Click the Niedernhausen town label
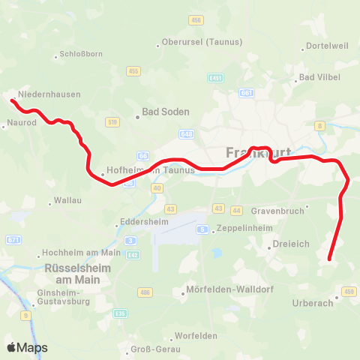[x=50, y=94]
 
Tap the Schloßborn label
[x=76, y=55]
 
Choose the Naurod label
[x=21, y=121]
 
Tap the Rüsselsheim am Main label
[x=77, y=274]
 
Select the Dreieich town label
[x=289, y=243]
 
